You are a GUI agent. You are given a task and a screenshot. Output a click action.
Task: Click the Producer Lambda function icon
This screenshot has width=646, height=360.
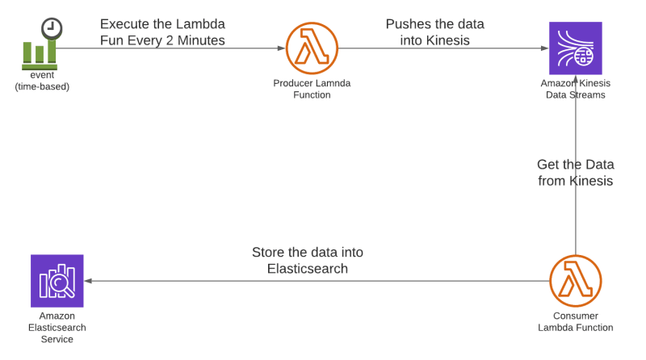(x=312, y=48)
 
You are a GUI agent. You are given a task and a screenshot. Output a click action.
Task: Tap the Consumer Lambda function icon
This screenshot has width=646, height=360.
(x=575, y=281)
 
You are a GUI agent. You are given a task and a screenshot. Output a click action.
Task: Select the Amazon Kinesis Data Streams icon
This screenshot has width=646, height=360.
(x=575, y=48)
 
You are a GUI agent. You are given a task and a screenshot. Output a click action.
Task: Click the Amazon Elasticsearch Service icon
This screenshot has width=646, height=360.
(x=57, y=281)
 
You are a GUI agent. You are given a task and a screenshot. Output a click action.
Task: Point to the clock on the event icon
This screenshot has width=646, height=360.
(x=52, y=28)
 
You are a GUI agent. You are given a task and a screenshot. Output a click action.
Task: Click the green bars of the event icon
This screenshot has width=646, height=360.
(x=40, y=52)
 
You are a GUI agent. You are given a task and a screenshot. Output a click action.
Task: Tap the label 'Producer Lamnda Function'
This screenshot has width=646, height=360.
(x=312, y=89)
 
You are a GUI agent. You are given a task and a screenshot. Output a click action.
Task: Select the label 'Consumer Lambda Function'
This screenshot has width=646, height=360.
(x=575, y=322)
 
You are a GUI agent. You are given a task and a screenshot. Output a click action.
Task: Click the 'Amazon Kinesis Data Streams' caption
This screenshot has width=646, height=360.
(x=575, y=89)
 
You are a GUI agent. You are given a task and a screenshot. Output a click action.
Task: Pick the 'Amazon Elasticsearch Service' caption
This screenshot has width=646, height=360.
(x=57, y=327)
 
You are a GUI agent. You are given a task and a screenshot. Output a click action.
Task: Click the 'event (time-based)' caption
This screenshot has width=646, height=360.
(x=42, y=81)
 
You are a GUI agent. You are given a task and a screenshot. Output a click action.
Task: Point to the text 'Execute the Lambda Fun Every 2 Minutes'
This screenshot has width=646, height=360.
(x=162, y=31)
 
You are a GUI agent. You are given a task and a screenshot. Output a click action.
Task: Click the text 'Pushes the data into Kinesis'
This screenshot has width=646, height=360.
(x=434, y=31)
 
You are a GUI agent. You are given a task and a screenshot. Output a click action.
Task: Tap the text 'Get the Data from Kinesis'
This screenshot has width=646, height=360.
(x=575, y=173)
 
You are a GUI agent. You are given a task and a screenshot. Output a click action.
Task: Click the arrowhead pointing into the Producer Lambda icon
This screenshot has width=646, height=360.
(x=281, y=48)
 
